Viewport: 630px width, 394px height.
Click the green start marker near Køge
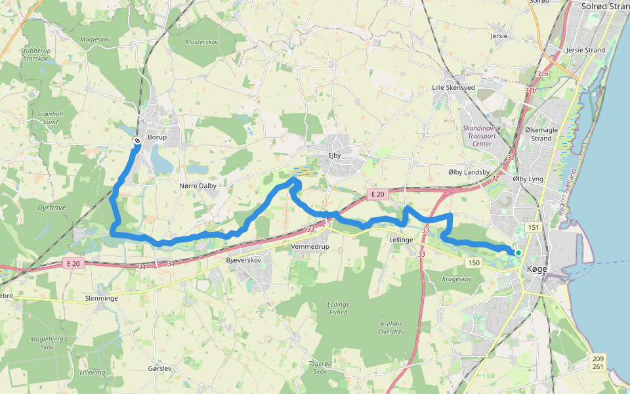click(518, 252)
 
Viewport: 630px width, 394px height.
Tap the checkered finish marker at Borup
click(136, 141)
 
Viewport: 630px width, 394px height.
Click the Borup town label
click(157, 137)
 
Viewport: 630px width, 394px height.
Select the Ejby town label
click(336, 155)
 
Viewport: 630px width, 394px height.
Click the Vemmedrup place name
click(309, 246)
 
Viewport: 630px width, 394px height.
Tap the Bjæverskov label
click(243, 260)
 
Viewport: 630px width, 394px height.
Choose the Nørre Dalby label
click(198, 186)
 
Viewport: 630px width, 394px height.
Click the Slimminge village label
click(101, 298)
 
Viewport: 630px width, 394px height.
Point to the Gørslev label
click(159, 368)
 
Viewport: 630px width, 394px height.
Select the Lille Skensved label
click(453, 87)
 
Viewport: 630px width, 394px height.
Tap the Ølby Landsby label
click(469, 172)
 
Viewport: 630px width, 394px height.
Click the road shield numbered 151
click(533, 228)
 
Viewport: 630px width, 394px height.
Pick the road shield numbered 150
click(473, 263)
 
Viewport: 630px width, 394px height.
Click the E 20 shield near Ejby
click(376, 194)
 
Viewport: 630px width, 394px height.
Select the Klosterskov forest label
click(201, 41)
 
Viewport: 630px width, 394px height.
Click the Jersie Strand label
click(585, 50)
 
